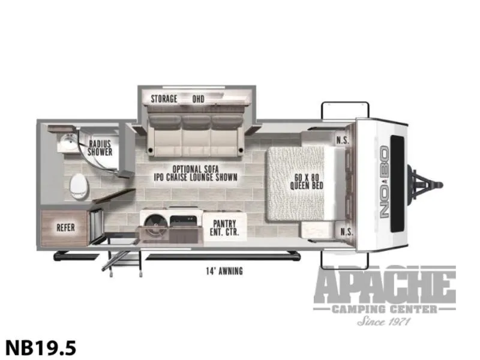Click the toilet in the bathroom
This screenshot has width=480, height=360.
pos(79,187)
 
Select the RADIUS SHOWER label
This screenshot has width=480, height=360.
pos(100,148)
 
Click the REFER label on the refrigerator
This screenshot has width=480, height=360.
pos(65,228)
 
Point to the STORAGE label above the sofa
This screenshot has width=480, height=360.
pos(164,99)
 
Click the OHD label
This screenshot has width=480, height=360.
pos(198,99)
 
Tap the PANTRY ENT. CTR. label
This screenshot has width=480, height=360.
pos(224,228)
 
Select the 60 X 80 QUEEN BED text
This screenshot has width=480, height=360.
pos(307,181)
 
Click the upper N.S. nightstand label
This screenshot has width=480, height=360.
pos(343,140)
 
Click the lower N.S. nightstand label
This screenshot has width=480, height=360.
pos(347,232)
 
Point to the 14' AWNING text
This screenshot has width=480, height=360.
pos(224,271)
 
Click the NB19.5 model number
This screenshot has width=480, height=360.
pos(41,348)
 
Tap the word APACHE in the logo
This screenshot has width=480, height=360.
pos(385,286)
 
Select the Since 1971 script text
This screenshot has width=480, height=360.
pos(384,321)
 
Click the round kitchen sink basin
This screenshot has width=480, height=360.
pos(155,225)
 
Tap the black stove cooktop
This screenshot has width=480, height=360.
pos(183,221)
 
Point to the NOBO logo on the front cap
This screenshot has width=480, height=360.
pos(384,182)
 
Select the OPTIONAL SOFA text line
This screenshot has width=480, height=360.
pos(196,169)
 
